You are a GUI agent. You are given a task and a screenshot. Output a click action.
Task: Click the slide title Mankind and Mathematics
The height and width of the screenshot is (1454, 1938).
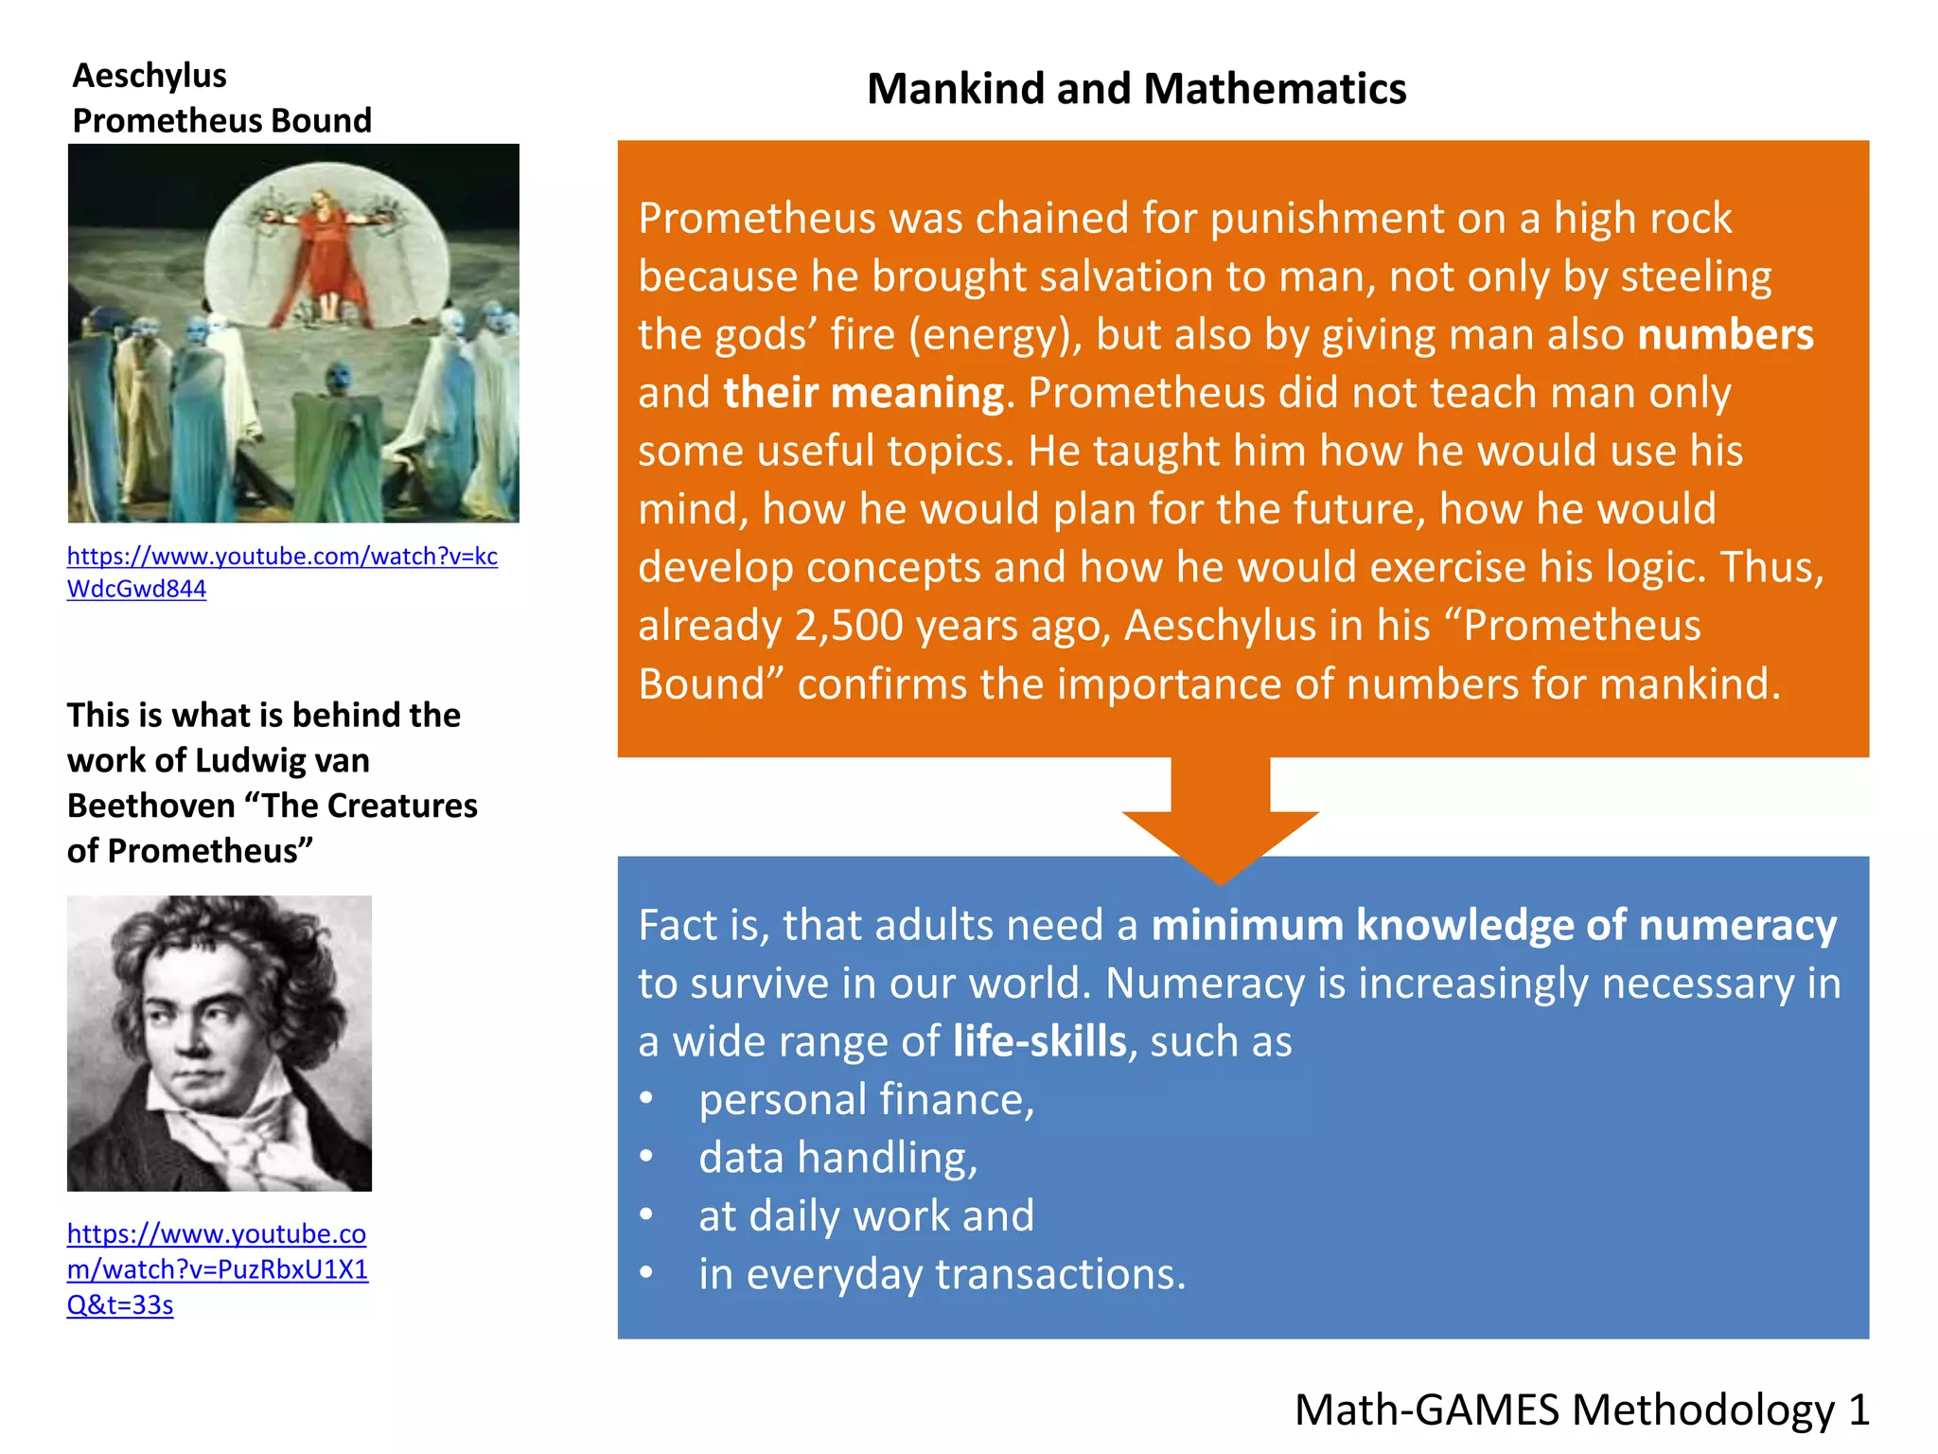(1136, 89)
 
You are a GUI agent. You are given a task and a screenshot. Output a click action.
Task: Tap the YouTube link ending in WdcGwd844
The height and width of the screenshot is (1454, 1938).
(281, 572)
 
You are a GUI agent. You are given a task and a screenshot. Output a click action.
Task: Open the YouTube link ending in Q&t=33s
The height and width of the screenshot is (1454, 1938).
(217, 1268)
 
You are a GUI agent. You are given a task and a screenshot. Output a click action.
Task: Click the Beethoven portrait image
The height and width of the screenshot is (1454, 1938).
(220, 1043)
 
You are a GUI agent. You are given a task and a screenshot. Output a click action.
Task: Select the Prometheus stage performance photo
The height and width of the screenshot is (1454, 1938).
(293, 333)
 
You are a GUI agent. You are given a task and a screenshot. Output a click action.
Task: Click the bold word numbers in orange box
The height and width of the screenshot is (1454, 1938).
(1725, 335)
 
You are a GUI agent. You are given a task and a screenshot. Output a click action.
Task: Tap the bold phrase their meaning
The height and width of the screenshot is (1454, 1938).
(863, 393)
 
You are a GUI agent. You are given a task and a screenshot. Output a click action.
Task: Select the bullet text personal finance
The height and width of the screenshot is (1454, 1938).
(866, 1100)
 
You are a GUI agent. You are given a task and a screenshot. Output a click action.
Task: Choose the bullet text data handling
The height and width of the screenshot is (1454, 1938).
(837, 1158)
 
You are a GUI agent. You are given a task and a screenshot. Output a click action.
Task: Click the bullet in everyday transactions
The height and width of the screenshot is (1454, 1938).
(942, 1274)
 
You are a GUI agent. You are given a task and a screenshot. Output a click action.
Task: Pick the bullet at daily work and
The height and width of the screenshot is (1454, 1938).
(866, 1216)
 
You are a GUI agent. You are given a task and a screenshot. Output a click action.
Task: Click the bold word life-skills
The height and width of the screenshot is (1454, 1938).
(1039, 1041)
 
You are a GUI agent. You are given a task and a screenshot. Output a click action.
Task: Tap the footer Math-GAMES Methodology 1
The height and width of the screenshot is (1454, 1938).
(1581, 1410)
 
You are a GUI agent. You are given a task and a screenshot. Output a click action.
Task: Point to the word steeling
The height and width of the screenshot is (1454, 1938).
(1696, 276)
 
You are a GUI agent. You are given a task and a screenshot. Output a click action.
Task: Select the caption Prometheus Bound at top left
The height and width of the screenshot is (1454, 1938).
(221, 121)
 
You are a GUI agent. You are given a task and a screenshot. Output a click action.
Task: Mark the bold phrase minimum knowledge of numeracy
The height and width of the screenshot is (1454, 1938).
(1493, 925)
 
